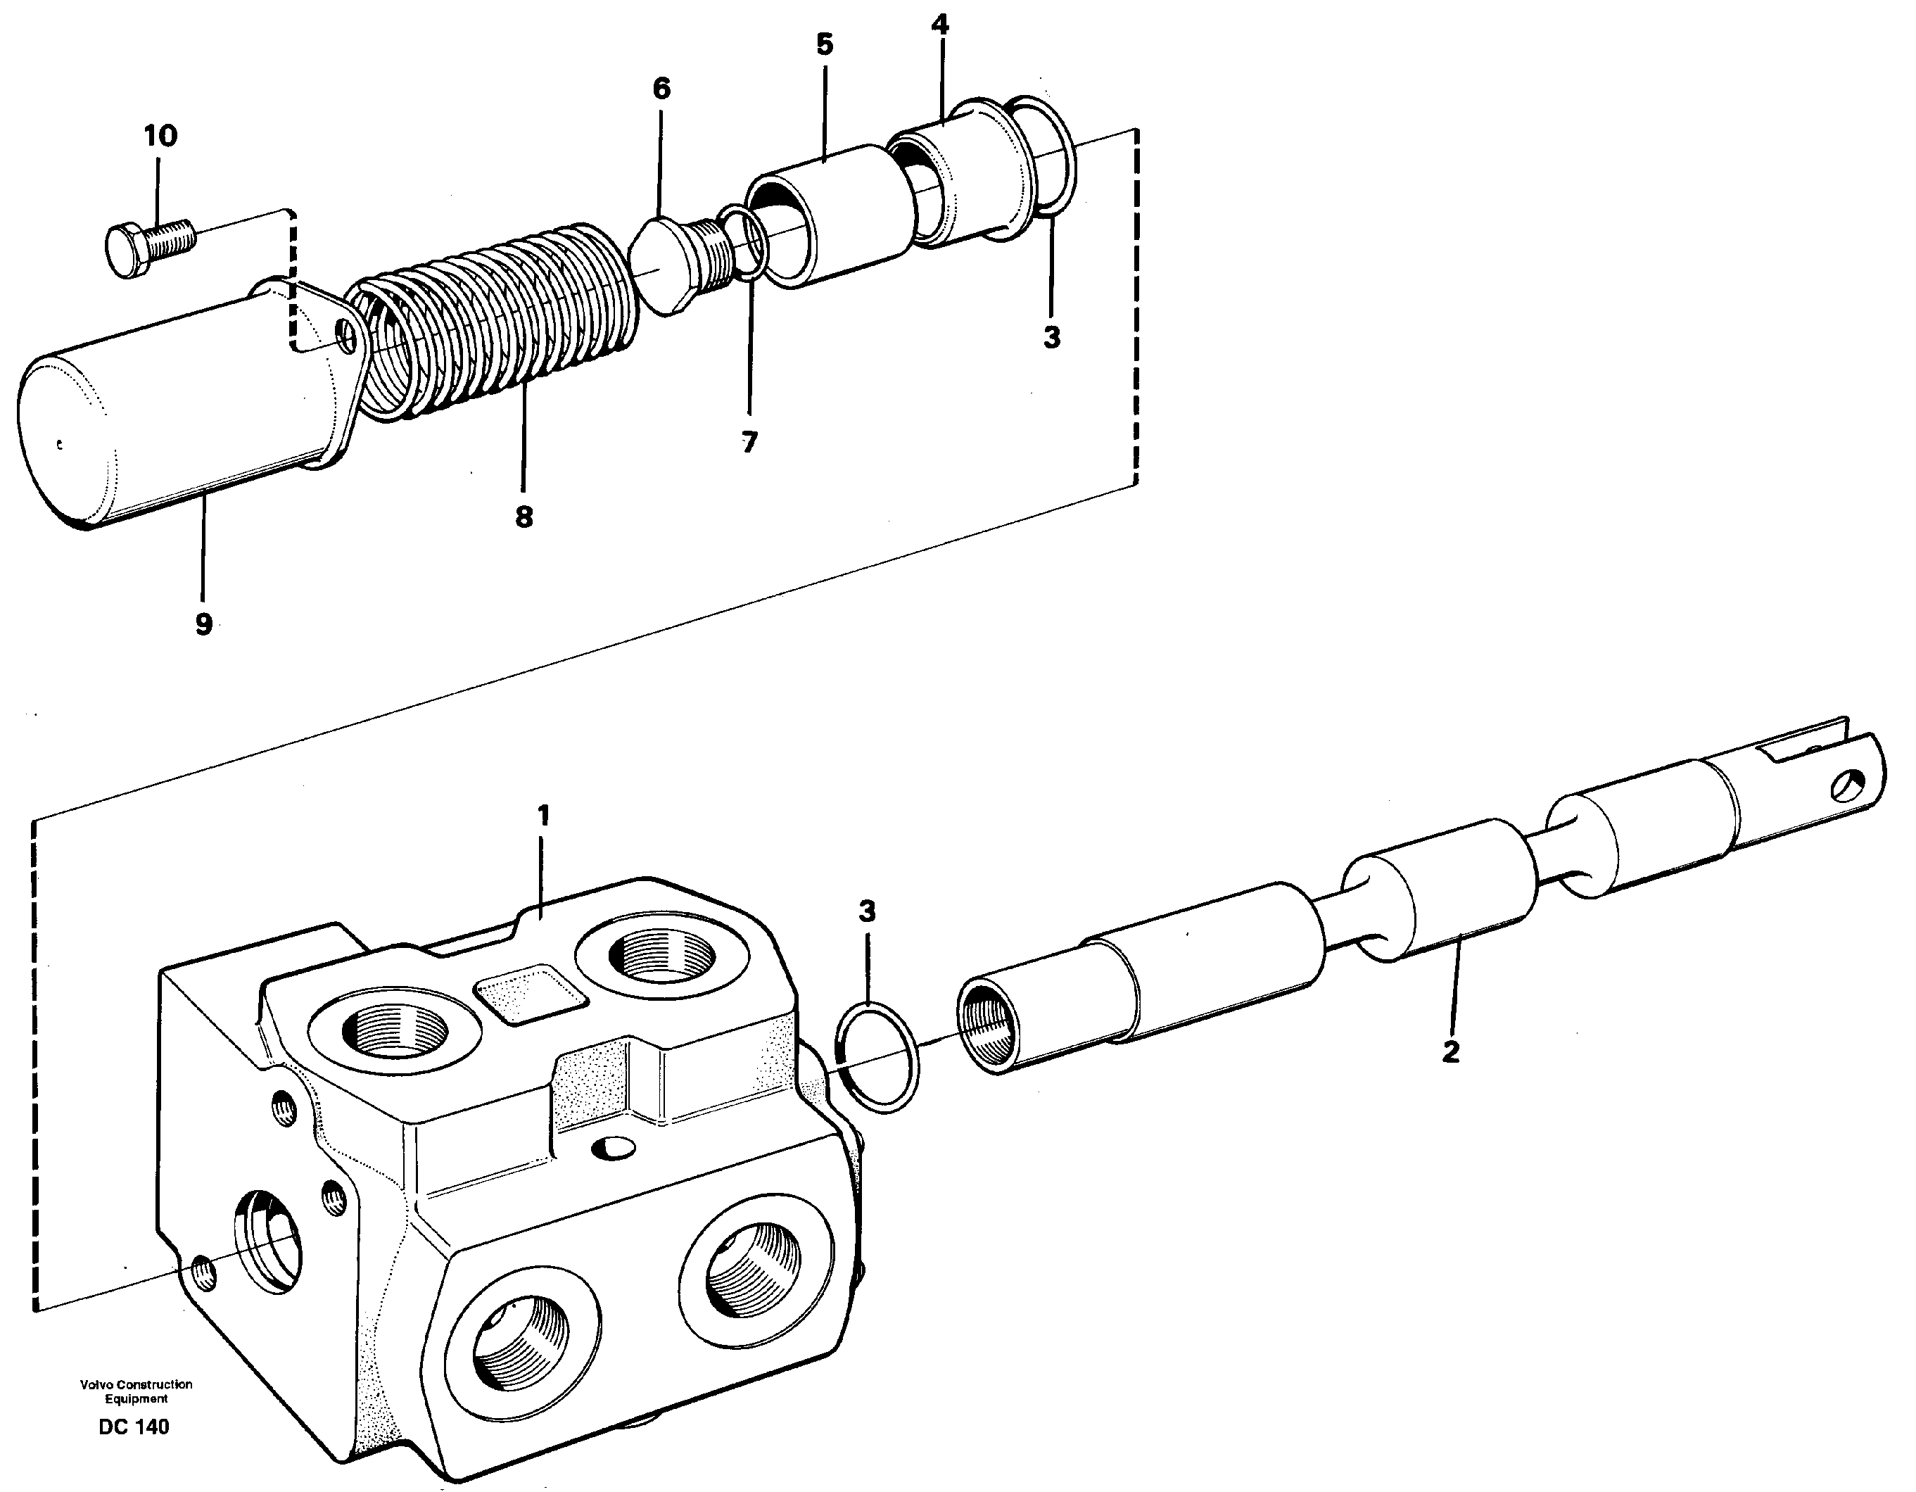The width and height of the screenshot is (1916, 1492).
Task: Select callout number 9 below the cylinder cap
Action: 203,624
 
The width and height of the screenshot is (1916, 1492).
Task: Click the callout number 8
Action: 524,517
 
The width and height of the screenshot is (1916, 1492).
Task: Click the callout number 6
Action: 661,89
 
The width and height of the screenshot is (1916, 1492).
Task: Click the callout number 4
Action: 939,25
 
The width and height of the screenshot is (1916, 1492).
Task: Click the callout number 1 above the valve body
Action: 543,816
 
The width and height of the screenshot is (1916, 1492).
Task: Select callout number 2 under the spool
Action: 1450,1051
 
